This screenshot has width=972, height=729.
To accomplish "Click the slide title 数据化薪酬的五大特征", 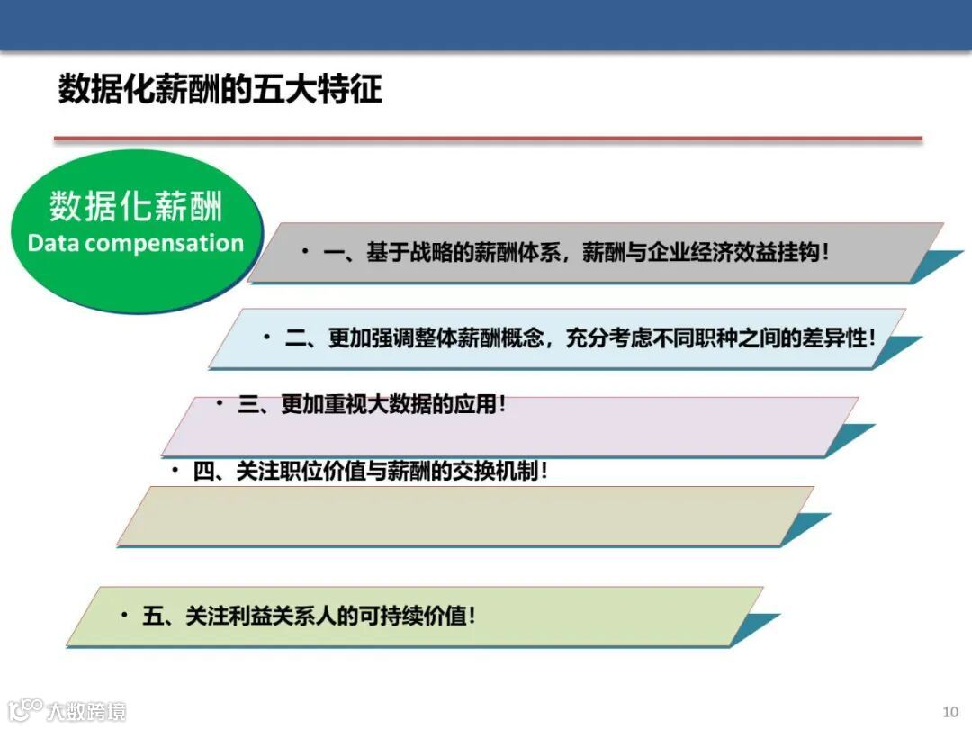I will (220, 90).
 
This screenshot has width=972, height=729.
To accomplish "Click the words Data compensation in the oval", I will (136, 243).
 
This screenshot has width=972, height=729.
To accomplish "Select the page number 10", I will (950, 711).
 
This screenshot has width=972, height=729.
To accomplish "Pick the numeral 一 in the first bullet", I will (334, 253).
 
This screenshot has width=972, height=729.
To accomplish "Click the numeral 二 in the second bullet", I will (296, 338).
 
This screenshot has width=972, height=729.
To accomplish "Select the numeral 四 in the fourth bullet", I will (204, 471).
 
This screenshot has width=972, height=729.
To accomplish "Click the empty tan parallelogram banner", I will (463, 516).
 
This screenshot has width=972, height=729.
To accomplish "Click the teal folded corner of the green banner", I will (754, 628).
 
